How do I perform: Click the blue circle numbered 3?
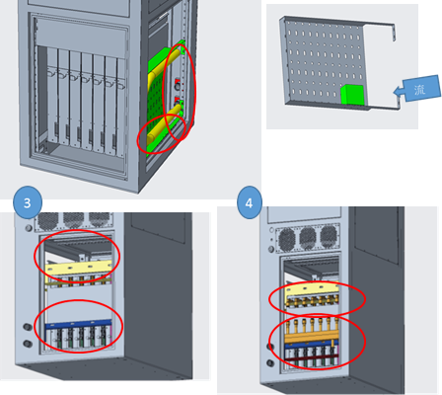pos(28,202)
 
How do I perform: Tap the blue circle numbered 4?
pos(250,202)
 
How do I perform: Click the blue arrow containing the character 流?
pos(417,89)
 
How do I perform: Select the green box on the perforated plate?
pos(352,95)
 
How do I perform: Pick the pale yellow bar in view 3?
pos(78,268)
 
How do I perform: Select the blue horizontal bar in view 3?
pos(78,325)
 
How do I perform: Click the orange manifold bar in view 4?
pos(311,338)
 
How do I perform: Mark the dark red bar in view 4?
pos(311,357)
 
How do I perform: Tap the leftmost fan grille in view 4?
pos(287,238)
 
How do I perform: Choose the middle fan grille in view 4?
pos(308,238)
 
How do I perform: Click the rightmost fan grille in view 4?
pos(329,237)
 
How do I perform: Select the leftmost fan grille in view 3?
pos(48,221)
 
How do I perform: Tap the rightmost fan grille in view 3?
pos(99,220)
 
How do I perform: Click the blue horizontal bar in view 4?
pos(311,346)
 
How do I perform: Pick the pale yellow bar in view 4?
pos(312,290)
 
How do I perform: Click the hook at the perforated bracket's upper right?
pos(393,32)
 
